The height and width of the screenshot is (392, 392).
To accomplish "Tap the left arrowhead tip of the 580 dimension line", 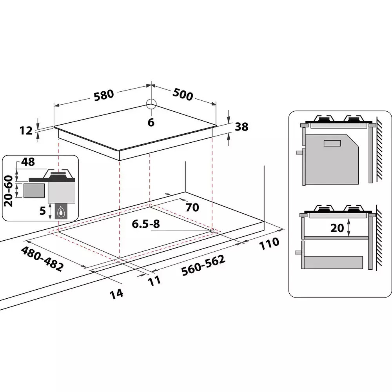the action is coord(54,106).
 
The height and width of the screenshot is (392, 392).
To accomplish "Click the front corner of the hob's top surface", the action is coord(120,151).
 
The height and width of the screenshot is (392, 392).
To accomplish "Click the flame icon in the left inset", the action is coord(60,212).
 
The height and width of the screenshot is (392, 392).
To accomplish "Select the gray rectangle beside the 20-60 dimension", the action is coord(34,191).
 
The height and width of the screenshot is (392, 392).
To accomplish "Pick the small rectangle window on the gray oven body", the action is coord(332,143).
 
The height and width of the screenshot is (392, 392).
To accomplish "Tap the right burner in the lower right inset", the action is coord(353,208).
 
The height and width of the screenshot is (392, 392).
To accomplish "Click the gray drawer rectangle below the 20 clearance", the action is coord(333,263).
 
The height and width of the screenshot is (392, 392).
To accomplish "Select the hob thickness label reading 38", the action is coord(241,127).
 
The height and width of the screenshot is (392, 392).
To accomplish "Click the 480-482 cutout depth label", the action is coord(42,259).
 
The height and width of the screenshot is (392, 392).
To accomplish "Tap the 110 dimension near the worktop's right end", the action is coord(269,243).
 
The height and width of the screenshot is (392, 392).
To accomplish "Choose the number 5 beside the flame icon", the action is coord(43,211).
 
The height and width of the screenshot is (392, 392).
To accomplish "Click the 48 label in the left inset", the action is coord(28,162).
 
